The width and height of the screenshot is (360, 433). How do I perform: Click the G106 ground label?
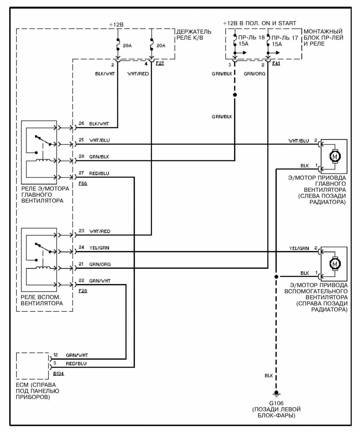(x=276, y=403)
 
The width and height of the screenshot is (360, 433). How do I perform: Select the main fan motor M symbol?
(x=335, y=157)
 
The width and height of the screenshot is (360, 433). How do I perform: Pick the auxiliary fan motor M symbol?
(x=335, y=264)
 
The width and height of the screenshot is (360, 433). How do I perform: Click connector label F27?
(x=160, y=63)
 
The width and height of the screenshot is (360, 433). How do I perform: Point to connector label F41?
(x=276, y=63)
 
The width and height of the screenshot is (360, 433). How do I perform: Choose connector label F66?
(x=83, y=183)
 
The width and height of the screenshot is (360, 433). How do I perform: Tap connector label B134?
(x=58, y=373)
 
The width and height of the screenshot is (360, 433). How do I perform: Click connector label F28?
(x=83, y=291)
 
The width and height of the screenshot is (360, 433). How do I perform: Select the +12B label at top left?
(x=116, y=25)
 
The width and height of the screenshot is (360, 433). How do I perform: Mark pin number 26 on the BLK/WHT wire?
(x=81, y=123)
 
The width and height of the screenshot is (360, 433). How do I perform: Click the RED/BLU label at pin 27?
(x=99, y=173)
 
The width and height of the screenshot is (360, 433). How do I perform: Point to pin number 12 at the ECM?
(x=56, y=355)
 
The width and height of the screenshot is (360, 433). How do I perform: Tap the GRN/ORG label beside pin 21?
(x=100, y=264)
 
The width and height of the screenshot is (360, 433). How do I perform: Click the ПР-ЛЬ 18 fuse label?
(x=251, y=38)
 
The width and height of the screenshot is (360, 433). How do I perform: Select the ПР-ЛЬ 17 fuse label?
(x=285, y=38)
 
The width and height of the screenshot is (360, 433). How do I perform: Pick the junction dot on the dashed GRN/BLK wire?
(x=235, y=95)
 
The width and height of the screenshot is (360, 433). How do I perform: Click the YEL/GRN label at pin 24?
(x=99, y=248)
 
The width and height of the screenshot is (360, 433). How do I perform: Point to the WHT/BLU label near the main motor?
(x=299, y=141)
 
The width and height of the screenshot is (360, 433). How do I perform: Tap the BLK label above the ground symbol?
(x=269, y=376)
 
